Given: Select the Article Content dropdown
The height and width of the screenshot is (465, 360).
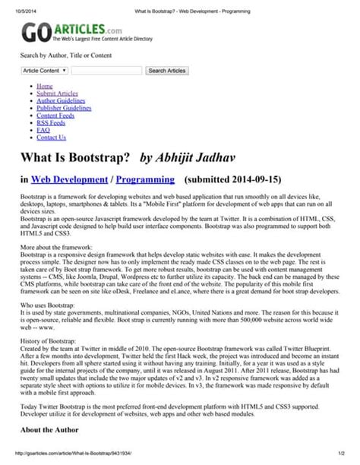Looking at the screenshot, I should [45, 71].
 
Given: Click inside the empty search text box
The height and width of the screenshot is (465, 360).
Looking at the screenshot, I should [106, 71].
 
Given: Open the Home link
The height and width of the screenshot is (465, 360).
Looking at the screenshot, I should [45, 87].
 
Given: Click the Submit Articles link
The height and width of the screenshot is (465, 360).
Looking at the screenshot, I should [57, 93].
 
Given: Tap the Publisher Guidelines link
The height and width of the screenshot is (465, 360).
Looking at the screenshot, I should [64, 108].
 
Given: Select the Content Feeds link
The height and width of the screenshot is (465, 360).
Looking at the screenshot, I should [56, 115].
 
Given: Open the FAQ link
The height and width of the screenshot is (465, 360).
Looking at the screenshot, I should [43, 130].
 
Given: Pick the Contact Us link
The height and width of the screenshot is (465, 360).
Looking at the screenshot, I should [52, 138].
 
